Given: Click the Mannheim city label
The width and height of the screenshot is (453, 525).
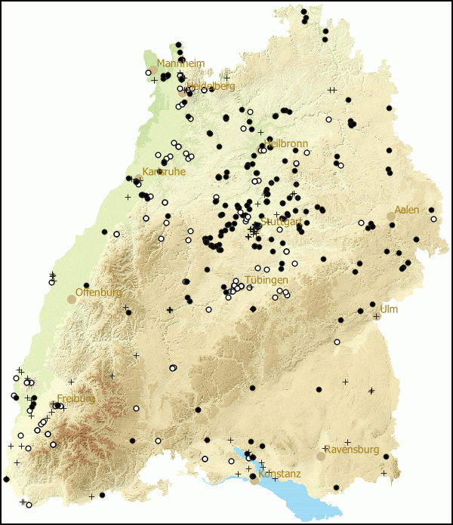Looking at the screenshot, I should (180, 63).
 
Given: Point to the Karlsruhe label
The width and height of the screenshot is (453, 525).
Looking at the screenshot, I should (164, 172).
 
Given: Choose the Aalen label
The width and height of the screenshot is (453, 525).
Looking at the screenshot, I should (406, 210).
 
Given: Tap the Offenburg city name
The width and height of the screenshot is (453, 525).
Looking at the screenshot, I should (99, 292).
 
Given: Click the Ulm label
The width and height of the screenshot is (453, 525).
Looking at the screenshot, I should (389, 309).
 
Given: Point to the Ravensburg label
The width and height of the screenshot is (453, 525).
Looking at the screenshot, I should (352, 450).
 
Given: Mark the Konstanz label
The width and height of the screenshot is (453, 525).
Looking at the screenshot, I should (279, 474).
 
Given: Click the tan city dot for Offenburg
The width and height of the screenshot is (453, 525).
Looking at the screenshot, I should (72, 299).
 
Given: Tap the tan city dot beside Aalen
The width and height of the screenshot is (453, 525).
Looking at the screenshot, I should (391, 216).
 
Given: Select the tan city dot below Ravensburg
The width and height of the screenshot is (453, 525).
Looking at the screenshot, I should (321, 456).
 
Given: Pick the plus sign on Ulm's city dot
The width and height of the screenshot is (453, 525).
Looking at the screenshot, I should (376, 316).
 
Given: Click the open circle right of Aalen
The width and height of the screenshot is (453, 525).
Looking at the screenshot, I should (433, 219).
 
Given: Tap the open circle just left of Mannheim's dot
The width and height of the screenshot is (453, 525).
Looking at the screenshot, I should (148, 72).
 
